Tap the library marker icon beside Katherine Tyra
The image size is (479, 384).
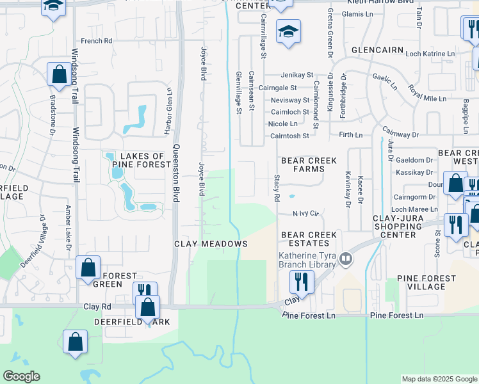pos(346,258)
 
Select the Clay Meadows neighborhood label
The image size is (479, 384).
pos(211,244)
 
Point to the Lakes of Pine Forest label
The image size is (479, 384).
pos(138,160)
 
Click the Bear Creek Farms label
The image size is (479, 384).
pos(302,164)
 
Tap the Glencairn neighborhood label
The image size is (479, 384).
pos(377,50)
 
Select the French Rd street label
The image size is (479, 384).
pos(97,41)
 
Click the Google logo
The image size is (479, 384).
pos(21,376)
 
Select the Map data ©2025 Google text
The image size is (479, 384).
pos(439,379)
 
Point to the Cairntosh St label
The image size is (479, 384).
pos(289,136)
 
